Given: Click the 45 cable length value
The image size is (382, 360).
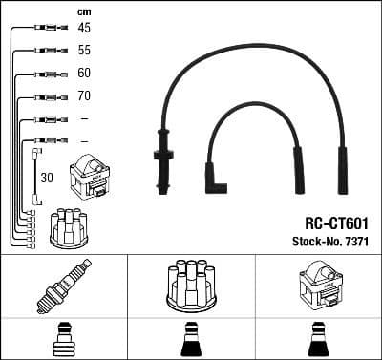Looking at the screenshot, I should tap(84, 28).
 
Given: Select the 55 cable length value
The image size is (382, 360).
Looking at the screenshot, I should tap(84, 50).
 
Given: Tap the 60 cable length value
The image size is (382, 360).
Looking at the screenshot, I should tap(84, 73).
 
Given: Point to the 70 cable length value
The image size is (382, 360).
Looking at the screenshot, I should tap(84, 95).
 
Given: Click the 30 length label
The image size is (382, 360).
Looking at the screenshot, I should tap(46, 177).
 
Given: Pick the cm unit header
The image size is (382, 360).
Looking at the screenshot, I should tap(83, 11).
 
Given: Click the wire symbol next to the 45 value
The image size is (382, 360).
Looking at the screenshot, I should tap(45, 29).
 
